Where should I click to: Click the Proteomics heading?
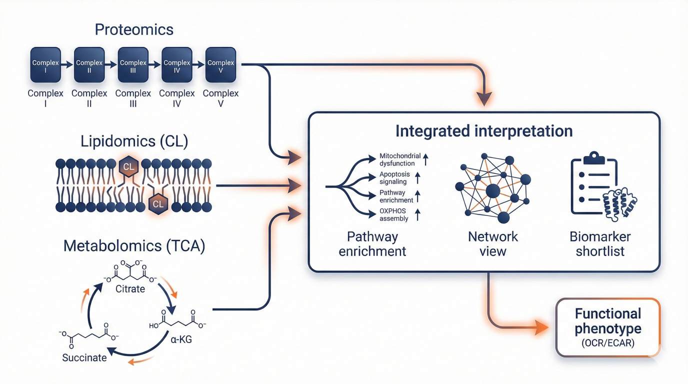134,29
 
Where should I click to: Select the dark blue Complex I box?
45,64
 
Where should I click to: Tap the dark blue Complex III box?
133,64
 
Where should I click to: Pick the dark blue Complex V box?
220,64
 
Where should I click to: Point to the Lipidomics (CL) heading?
134,141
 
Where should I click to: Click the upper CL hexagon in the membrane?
128,167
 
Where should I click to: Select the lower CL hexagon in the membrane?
157,203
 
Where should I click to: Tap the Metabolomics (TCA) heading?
134,246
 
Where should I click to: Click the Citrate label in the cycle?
130,289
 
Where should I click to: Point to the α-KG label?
178,340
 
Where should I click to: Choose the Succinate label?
84,357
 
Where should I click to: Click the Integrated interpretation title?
483,131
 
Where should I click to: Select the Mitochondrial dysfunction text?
400,159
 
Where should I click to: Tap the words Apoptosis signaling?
394,178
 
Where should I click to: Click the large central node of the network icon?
492,190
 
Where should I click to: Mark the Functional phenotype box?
607,327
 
